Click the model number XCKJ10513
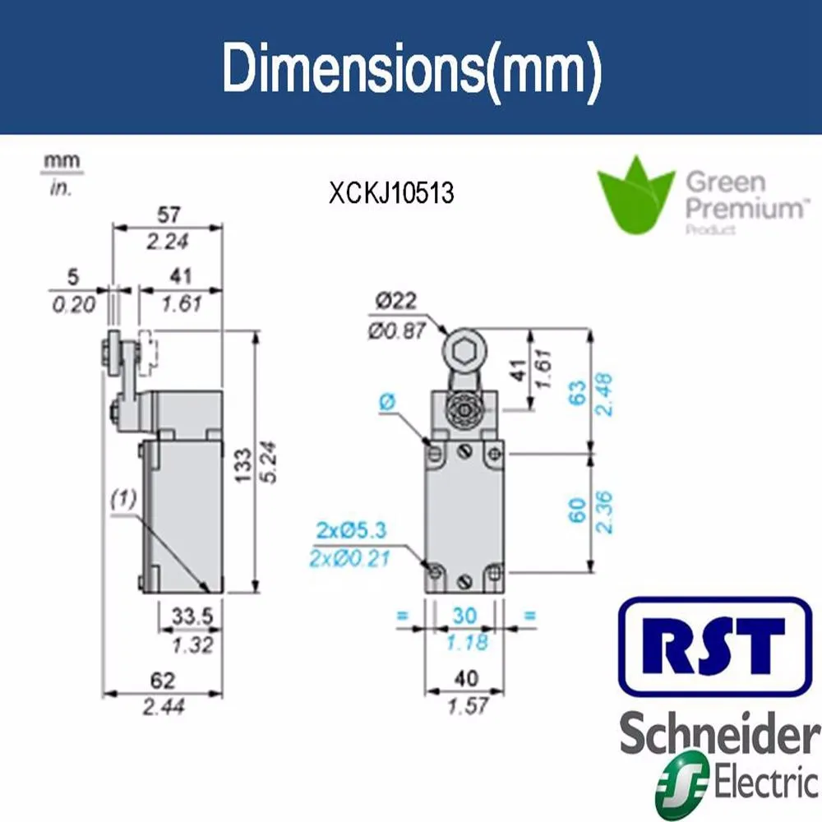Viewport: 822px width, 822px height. click(x=391, y=193)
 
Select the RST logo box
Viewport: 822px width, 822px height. click(x=713, y=646)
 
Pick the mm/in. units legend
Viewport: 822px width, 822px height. click(x=62, y=173)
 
